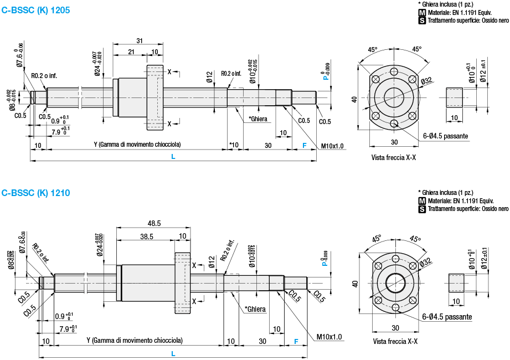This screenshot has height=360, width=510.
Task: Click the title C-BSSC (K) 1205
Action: pyautogui.click(x=36, y=10)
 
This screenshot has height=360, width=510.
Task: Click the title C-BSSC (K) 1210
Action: pyautogui.click(x=36, y=193)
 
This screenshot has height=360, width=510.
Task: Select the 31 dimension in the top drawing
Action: pyautogui.click(x=139, y=41)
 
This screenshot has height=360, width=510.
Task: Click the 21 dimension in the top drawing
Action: pyautogui.click(x=131, y=52)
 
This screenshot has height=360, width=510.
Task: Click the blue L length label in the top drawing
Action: pyautogui.click(x=173, y=157)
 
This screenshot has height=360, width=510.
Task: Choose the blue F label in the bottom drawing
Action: pyautogui.click(x=296, y=341)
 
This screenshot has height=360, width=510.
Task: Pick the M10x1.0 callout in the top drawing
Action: pyautogui.click(x=332, y=146)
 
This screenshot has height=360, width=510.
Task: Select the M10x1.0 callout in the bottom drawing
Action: pyautogui.click(x=329, y=337)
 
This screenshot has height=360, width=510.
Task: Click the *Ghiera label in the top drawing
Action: pyautogui.click(x=258, y=119)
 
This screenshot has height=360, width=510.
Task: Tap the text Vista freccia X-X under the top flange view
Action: pyautogui.click(x=394, y=158)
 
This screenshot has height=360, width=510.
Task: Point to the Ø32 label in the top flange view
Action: pyautogui.click(x=426, y=81)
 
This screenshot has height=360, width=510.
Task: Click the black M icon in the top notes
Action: pyautogui.click(x=423, y=12)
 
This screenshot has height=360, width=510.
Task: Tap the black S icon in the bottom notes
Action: pyautogui.click(x=422, y=209)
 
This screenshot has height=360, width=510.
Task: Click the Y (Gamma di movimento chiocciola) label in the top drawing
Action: pyautogui.click(x=137, y=145)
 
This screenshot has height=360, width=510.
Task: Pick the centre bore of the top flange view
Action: pyautogui.click(x=394, y=95)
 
